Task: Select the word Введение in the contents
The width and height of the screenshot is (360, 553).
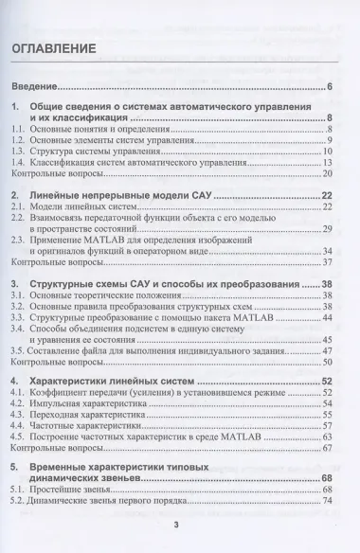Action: [x=35, y=88]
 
